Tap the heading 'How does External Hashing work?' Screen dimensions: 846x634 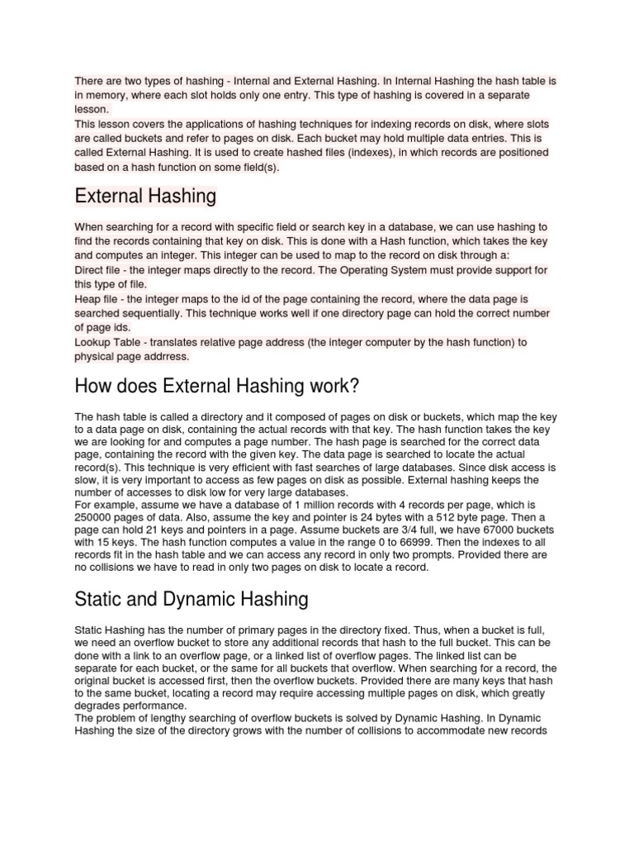pos(217,387)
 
